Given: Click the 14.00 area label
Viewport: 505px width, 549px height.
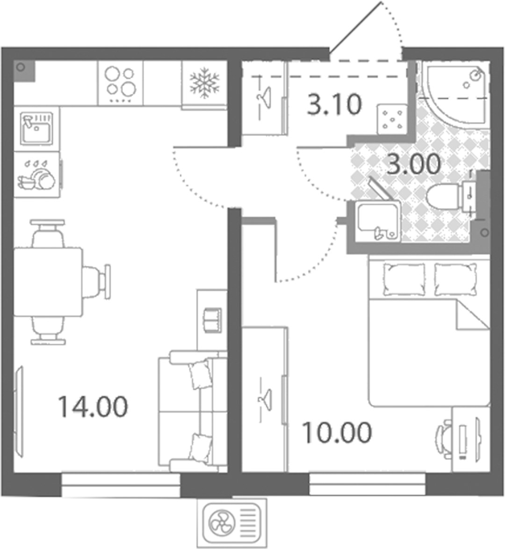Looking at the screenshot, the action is tap(93, 406).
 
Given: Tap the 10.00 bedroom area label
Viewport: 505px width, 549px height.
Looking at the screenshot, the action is tap(336, 433).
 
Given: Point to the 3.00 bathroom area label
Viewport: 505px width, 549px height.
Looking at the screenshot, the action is tap(414, 164).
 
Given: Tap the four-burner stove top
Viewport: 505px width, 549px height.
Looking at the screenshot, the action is tap(121, 83).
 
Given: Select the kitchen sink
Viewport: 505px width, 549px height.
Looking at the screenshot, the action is tap(36, 128).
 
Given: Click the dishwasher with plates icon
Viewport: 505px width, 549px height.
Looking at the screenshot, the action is tap(37, 174).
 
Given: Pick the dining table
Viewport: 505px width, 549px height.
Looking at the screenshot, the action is tap(48, 282).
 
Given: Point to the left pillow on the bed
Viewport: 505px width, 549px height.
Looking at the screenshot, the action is tap(404, 279).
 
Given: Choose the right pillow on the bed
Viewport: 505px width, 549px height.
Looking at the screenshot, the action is tap(455, 279).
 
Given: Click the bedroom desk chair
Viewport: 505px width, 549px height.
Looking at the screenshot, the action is tap(444, 439).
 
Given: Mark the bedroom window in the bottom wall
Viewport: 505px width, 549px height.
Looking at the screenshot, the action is tap(368, 484).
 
